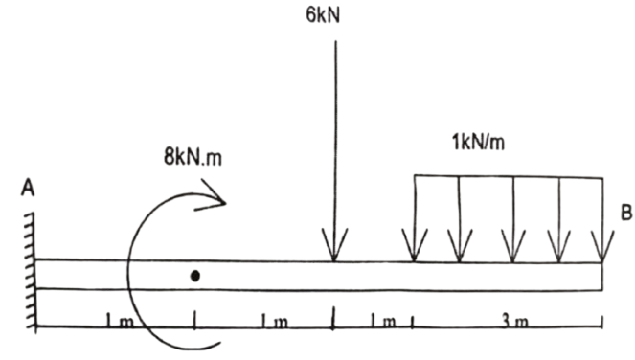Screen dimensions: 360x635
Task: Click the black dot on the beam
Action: pyautogui.click(x=194, y=276)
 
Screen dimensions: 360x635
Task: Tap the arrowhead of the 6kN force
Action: pyautogui.click(x=333, y=252)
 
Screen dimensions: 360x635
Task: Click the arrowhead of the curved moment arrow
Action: pyautogui.click(x=215, y=199)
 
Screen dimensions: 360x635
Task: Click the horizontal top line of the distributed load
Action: pyautogui.click(x=508, y=175)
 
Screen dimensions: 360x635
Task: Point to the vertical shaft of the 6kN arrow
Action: pyautogui.click(x=334, y=144)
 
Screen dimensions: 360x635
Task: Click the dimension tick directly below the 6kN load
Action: pyautogui.click(x=333, y=316)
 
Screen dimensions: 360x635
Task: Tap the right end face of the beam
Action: pyautogui.click(x=602, y=276)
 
